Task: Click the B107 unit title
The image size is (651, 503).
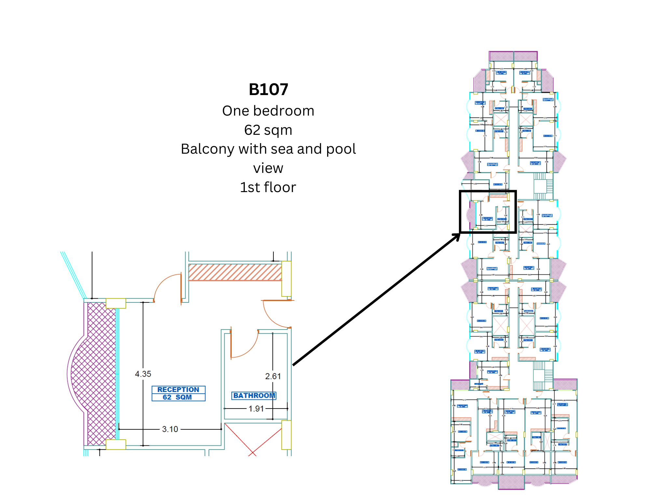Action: [x=268, y=90]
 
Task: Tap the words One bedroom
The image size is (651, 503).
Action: [x=268, y=111]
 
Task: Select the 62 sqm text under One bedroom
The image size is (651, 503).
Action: [x=268, y=130]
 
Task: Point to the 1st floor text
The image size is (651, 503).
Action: [x=268, y=188]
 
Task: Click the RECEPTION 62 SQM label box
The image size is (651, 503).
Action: [x=178, y=393]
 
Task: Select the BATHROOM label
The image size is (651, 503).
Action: [x=254, y=396]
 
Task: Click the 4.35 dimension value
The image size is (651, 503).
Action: [x=143, y=374]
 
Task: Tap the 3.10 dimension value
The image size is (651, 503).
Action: [x=170, y=429]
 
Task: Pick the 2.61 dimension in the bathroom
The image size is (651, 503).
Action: [x=273, y=376]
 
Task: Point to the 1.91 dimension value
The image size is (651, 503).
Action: [x=256, y=409]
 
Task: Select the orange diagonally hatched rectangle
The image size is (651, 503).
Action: [x=235, y=272]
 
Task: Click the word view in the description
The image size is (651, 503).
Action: [x=268, y=168]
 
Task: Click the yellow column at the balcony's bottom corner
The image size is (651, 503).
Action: [x=116, y=444]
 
